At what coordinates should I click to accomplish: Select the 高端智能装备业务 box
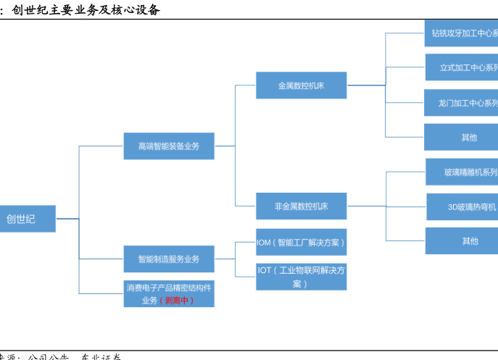(x=168, y=146)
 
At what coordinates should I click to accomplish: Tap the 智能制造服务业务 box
(x=168, y=259)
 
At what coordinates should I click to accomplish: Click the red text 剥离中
(x=177, y=300)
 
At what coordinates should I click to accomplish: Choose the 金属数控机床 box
(x=301, y=85)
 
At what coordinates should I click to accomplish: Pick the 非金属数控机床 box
(x=301, y=206)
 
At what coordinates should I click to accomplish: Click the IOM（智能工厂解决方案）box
(x=301, y=242)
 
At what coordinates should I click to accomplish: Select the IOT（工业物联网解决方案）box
(x=301, y=277)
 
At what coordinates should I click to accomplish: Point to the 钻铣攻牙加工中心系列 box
(x=461, y=33)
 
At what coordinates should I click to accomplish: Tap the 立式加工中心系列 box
(x=462, y=67)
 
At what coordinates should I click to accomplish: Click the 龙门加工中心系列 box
(x=462, y=103)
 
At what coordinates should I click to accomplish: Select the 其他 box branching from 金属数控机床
(x=461, y=137)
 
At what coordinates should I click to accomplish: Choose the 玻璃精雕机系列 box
(x=462, y=172)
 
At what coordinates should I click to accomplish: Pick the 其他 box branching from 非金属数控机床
(x=462, y=240)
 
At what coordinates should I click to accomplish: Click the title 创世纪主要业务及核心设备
(x=86, y=10)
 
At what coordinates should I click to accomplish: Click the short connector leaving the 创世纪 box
(x=67, y=218)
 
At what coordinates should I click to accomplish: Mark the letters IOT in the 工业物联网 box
(x=265, y=270)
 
